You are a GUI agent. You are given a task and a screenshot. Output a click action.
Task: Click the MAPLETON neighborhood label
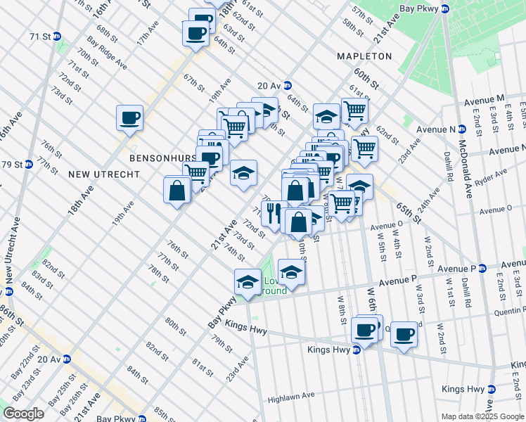click(x=364, y=56)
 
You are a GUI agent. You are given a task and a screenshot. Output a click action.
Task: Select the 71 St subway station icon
click(x=58, y=36)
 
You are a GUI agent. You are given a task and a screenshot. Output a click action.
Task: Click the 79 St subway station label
click(x=12, y=165)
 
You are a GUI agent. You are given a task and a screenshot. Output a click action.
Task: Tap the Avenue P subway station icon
click(x=483, y=268)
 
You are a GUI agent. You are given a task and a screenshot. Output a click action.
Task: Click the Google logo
click(x=23, y=414)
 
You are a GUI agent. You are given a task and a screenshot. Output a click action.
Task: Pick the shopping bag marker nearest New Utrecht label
click(x=177, y=190)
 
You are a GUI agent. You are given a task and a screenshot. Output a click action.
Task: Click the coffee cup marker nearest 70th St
click(x=129, y=117)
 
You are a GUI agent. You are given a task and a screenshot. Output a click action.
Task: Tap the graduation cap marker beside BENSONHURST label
click(x=243, y=174)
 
